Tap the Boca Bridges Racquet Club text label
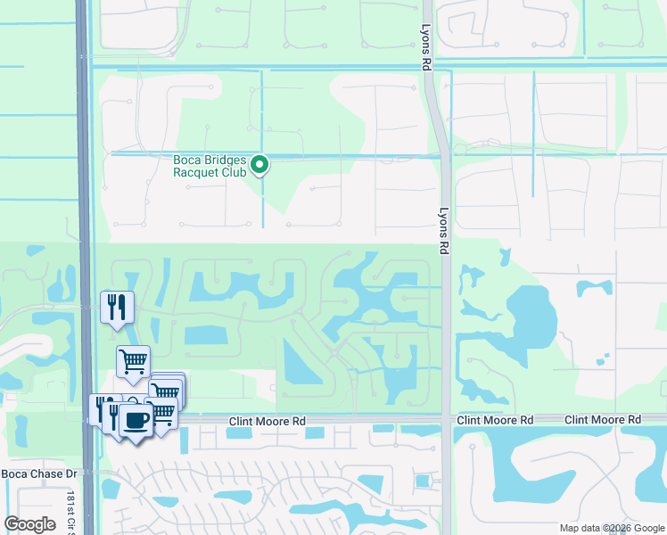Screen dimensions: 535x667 (211, 167)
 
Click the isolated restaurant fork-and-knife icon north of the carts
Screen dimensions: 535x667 (117, 308)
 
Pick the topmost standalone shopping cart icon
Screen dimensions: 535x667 (133, 361)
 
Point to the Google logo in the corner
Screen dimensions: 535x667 (30, 524)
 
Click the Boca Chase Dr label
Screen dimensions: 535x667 (41, 473)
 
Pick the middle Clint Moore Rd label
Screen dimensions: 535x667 (495, 419)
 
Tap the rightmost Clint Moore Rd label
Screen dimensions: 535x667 (602, 419)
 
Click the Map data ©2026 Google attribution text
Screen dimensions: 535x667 (611, 528)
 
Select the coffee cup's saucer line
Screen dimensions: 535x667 (135, 430)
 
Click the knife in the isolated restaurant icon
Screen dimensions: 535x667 (123, 308)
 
